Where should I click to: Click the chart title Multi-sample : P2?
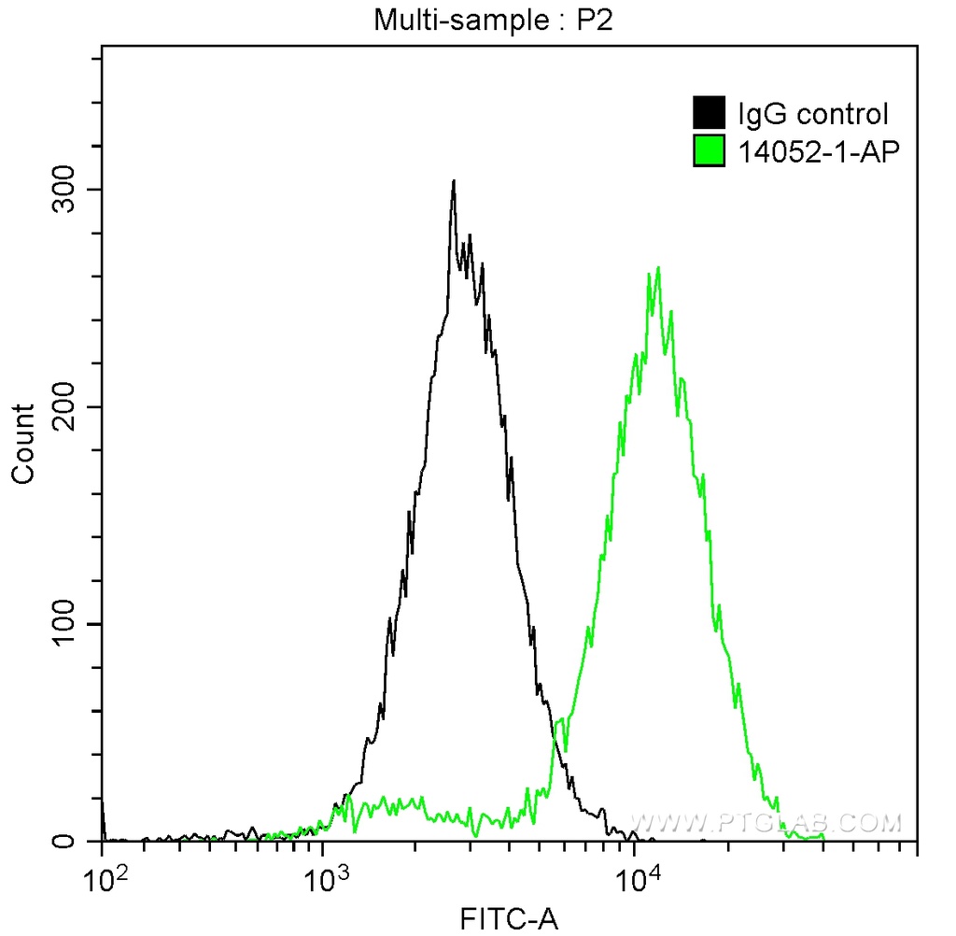click(x=493, y=20)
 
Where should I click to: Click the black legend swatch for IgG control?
click(x=710, y=114)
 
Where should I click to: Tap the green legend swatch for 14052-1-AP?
click(x=710, y=149)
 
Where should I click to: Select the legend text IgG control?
click(x=812, y=115)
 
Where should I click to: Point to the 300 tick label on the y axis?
click(x=62, y=190)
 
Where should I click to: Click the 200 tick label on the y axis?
click(x=62, y=407)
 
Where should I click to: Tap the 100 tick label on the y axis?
click(x=62, y=624)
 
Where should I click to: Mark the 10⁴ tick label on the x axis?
click(x=634, y=881)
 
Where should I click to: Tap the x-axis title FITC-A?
click(x=509, y=920)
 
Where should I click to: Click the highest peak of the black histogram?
click(x=454, y=182)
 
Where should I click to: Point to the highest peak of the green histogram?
click(x=659, y=268)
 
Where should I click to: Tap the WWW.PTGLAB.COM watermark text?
click(x=766, y=823)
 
